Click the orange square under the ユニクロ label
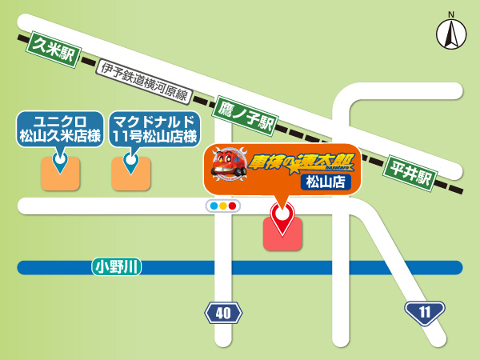coord(60,174)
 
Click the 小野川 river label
coord(117,267)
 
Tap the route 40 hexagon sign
coord(223,312)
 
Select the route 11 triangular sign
coord(423,310)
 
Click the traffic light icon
coord(223,206)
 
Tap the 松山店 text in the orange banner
coord(326,182)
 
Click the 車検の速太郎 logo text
coord(300,162)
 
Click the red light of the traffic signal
coord(233,206)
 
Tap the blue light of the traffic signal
coord(214,206)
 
